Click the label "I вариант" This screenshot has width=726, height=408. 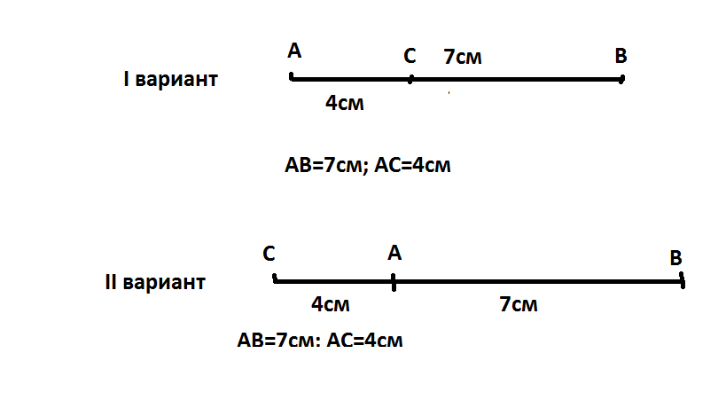click(170, 80)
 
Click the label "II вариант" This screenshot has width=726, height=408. click(154, 284)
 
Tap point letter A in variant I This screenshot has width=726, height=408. click(294, 51)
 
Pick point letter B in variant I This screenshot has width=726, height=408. click(621, 57)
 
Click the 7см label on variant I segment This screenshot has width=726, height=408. click(462, 58)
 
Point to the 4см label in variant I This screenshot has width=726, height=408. click(345, 104)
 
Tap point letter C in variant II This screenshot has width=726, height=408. click(269, 254)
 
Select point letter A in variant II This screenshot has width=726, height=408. click(394, 254)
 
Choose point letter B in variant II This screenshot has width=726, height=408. click(675, 258)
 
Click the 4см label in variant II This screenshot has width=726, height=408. click(331, 304)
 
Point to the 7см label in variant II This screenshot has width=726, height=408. click(519, 305)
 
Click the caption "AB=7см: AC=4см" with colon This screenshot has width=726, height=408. click(320, 340)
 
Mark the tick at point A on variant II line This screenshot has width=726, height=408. click(393, 282)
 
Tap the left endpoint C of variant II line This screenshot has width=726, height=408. click(276, 280)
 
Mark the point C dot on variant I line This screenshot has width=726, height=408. click(410, 79)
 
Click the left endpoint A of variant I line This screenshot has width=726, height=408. click(292, 78)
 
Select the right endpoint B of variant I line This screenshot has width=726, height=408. click(621, 79)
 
